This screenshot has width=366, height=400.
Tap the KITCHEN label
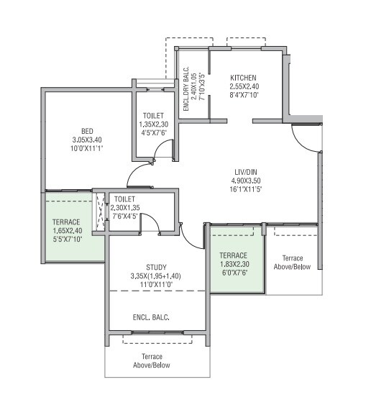[243, 78]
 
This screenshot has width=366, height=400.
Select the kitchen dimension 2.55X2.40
[243, 86]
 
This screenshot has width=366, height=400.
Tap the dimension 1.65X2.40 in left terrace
[68, 230]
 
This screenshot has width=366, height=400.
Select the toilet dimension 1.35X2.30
[153, 124]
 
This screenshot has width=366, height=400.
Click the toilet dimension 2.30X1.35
[125, 207]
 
